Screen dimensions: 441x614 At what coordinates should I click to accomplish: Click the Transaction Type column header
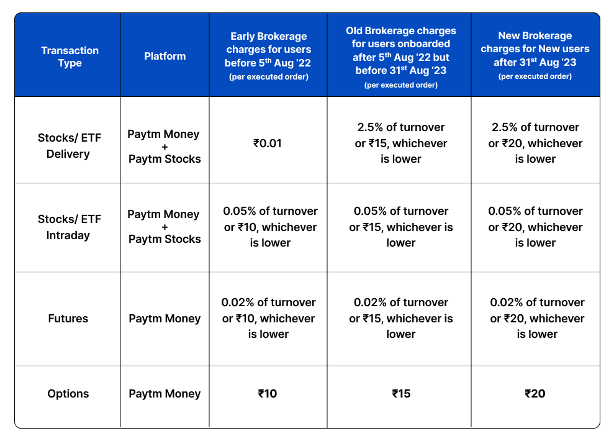[x=70, y=57]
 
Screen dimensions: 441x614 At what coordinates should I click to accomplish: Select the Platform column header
[x=165, y=56]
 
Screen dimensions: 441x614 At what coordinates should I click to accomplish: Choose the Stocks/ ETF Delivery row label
[x=68, y=145]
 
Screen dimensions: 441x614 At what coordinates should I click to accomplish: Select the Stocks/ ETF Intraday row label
[x=68, y=227]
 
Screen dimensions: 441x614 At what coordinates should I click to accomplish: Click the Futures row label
[x=68, y=319]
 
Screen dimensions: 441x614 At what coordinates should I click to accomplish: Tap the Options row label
[x=68, y=394]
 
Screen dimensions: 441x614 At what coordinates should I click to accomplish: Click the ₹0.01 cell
[x=268, y=143]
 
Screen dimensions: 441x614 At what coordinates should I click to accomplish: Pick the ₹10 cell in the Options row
[x=268, y=394]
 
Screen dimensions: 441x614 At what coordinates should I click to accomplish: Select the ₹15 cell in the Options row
[x=401, y=394]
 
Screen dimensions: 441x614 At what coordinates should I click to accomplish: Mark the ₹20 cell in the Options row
[x=535, y=394]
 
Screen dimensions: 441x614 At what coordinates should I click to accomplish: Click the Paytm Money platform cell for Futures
[x=165, y=319]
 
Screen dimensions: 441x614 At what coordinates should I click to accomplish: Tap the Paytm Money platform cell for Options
[x=165, y=394]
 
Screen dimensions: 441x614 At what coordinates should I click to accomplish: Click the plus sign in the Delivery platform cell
[x=165, y=147]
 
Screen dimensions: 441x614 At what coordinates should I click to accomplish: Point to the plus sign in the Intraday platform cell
[x=165, y=227]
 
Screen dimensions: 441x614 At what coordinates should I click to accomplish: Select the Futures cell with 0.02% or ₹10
[x=269, y=318]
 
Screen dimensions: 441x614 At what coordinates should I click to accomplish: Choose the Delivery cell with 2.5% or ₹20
[x=535, y=143]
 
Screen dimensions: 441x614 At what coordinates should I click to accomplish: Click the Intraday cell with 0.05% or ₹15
[x=401, y=227]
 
